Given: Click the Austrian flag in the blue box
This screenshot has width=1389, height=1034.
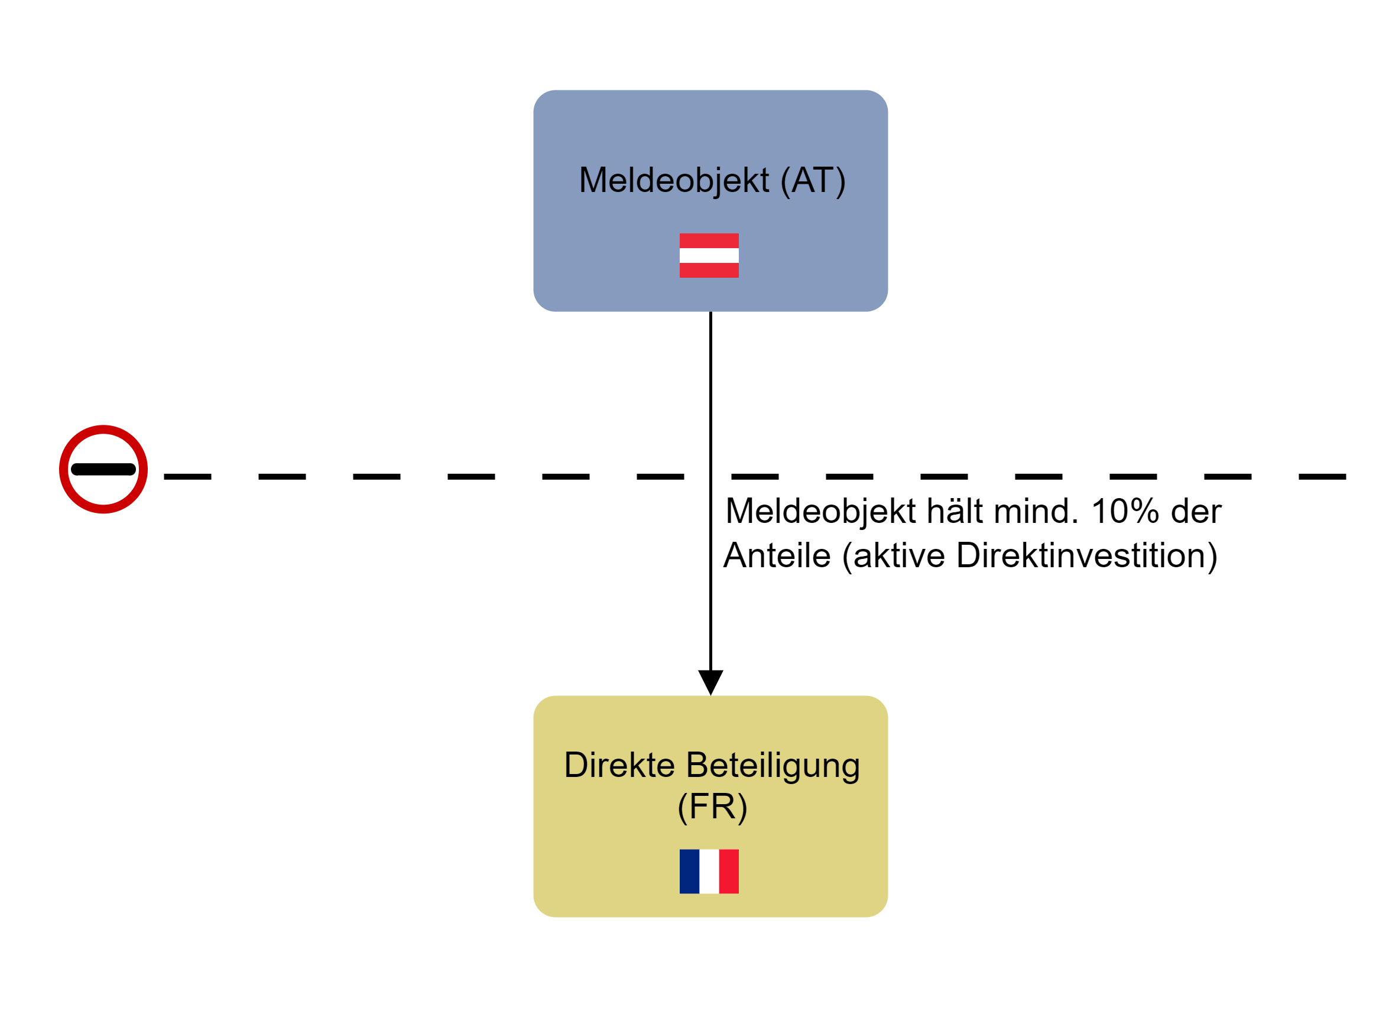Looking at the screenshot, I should (x=709, y=255).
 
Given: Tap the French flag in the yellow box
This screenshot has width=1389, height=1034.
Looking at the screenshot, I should (x=709, y=872).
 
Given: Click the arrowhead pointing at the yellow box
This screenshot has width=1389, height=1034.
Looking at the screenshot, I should (x=710, y=681).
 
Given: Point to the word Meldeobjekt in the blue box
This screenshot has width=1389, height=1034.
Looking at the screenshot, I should (x=674, y=180).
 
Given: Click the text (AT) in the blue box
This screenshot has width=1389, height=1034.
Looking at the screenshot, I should (x=813, y=180).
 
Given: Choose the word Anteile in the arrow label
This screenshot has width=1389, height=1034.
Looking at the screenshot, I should (x=777, y=555).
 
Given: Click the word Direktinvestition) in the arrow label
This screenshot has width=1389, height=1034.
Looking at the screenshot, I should (x=1086, y=555).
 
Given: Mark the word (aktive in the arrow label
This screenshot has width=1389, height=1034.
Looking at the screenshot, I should (x=893, y=555).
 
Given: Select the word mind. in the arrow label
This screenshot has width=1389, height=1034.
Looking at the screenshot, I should (x=1036, y=511).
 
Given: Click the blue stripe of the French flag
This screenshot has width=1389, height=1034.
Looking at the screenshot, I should (x=689, y=872).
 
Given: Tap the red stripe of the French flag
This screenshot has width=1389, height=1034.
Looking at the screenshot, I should (x=729, y=872).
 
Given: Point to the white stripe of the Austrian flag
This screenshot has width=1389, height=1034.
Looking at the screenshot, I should (x=709, y=255).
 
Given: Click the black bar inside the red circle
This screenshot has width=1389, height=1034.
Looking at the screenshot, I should (x=103, y=469).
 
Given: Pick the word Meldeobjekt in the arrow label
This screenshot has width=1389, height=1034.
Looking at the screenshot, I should (x=820, y=511).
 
